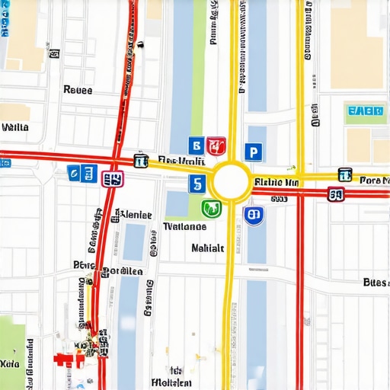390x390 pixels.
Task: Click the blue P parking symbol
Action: pos(253,152)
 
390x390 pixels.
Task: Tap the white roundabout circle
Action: pos(231,182)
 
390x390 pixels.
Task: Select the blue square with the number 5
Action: pos(197,184)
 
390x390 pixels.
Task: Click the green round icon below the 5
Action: pos(211,208)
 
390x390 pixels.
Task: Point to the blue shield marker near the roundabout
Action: pos(254,216)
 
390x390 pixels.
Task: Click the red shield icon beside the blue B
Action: pos(216,145)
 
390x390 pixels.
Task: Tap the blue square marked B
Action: pos(196,145)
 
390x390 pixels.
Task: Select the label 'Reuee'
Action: pos(78,90)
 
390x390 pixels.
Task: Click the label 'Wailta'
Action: pos(15,127)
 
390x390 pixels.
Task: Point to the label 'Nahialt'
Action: pos(207,248)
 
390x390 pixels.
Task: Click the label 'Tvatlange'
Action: pos(185,226)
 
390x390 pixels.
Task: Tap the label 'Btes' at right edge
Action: pos(375,282)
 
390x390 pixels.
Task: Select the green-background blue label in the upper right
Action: pos(364,112)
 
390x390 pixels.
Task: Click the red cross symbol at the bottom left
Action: pos(66,359)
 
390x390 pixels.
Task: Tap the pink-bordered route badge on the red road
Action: pos(112,179)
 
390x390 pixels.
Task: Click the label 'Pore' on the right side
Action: pos(372,181)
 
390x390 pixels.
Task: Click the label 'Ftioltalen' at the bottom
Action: pos(171,382)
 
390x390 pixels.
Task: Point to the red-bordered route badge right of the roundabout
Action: pos(336,195)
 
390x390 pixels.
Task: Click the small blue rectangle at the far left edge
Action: pos(5,162)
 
